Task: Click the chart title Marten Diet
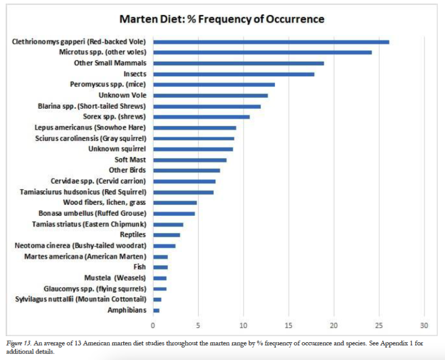pos(221,20)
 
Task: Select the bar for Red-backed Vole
pos(271,41)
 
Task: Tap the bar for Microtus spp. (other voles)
pos(262,52)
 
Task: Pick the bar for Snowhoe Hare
pos(195,128)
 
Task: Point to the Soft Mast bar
pos(190,160)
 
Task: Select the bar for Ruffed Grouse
pos(174,213)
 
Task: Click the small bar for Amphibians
pos(156,310)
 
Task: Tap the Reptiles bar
pos(166,235)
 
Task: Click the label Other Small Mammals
pos(110,63)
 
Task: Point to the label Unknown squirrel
pos(117,149)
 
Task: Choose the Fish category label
pos(140,267)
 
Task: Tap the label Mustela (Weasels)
pos(116,278)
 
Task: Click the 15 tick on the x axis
pos(289,325)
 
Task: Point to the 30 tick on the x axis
pos(424,325)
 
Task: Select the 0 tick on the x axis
pos(153,325)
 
